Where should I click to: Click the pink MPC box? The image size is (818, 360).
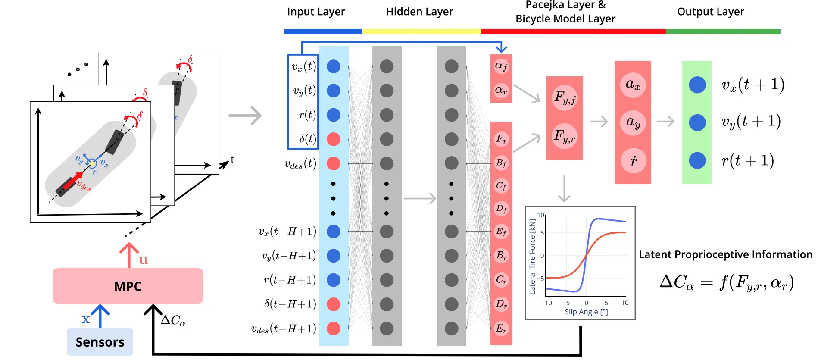pos(128,286)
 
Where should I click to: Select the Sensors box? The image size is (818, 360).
pos(100,342)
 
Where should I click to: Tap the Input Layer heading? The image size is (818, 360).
pos(316,12)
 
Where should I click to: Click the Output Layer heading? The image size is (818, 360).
pos(710,12)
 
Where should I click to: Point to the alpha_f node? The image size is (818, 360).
pos(501,66)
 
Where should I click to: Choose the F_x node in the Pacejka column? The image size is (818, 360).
pos(501,139)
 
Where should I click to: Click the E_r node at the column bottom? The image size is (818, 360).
pos(501,329)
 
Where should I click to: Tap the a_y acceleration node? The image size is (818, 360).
pos(633,122)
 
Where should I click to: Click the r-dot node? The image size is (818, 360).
pos(633,161)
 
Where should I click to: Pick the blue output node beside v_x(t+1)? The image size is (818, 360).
pos(697,85)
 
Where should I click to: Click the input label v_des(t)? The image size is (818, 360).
pos(300,163)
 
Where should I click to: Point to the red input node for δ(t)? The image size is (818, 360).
pos(334,139)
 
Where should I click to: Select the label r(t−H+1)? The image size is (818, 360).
pos(290,280)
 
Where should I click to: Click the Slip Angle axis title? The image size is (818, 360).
pos(586,312)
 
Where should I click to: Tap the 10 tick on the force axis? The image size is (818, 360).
pos(540,215)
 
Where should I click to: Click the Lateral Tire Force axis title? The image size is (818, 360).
pos(533,257)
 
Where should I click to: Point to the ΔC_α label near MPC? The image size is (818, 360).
pos(173,320)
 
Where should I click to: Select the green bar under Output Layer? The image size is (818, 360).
pos(723,32)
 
